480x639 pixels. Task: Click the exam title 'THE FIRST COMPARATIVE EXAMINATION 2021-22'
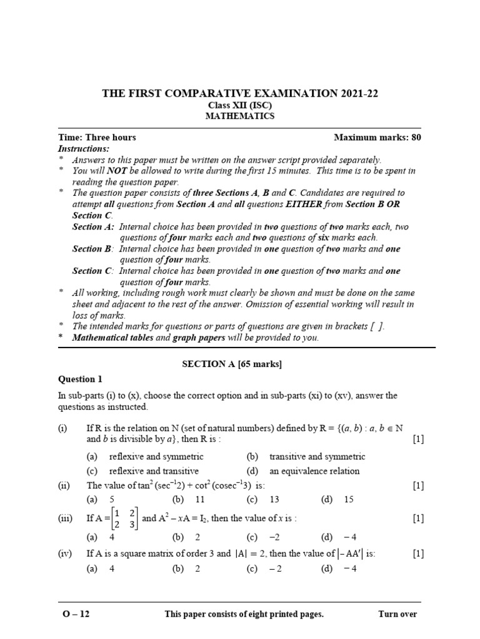240,94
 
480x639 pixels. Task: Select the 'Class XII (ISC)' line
240,105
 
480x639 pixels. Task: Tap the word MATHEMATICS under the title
240,116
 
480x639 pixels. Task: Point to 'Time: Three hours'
97,137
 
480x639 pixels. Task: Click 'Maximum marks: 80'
377,137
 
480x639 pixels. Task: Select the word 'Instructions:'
84,149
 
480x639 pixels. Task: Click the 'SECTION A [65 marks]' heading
240,363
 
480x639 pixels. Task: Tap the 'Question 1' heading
79,379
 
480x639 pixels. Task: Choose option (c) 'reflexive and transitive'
154,471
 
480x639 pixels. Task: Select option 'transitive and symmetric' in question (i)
317,457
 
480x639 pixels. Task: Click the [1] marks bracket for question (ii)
418,485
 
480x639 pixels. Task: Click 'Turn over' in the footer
397,614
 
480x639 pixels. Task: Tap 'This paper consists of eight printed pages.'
244,614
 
